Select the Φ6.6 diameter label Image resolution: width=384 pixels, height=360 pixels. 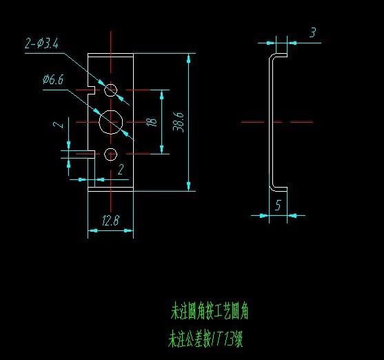click(x=53, y=81)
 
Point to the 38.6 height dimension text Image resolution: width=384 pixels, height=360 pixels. click(x=179, y=121)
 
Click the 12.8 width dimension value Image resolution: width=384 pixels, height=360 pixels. click(x=110, y=221)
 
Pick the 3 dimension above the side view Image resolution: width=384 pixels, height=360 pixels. click(x=312, y=32)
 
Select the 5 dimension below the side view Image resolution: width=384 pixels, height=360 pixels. click(x=277, y=205)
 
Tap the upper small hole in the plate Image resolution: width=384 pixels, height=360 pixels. click(x=111, y=90)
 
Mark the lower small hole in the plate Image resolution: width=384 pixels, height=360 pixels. click(x=111, y=153)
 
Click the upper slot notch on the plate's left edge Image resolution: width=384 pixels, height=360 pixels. click(x=91, y=90)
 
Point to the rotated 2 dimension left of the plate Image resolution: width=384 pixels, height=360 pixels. click(x=61, y=124)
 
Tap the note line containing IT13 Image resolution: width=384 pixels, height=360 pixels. click(x=206, y=339)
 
